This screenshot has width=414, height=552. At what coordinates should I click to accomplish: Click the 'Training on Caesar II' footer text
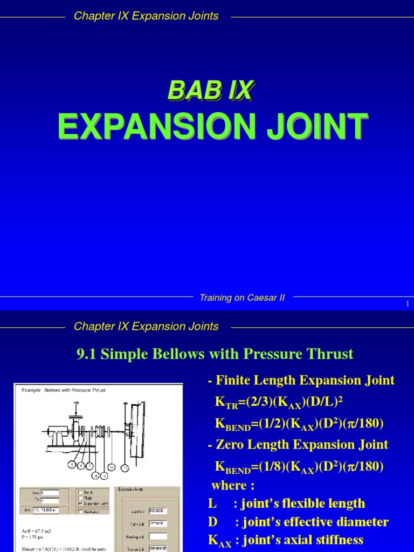click(242, 298)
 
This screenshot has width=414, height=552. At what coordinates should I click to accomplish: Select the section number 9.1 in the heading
click(86, 354)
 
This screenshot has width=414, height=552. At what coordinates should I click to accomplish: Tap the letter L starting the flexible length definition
click(211, 503)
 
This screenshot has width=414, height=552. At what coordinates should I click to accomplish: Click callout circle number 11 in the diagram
click(125, 467)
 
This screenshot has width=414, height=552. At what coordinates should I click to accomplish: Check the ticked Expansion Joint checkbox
click(81, 505)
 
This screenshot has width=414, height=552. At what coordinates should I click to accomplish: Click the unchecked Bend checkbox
click(81, 492)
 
